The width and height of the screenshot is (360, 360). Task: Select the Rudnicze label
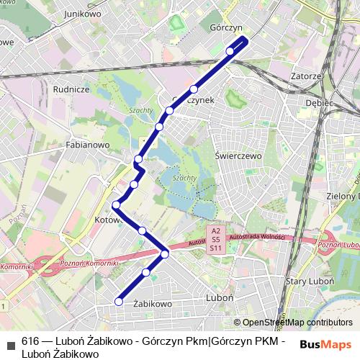(x=71, y=89)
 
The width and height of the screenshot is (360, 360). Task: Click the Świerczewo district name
(x=237, y=153)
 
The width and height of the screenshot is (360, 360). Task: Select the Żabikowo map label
(x=153, y=304)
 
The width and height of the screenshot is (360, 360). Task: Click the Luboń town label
(x=217, y=297)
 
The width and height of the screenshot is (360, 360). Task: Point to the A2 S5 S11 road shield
(x=215, y=239)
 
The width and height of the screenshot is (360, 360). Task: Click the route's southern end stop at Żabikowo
(x=119, y=302)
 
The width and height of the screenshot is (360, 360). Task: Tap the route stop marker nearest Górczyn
(x=230, y=50)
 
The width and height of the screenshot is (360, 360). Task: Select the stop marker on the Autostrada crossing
(x=165, y=253)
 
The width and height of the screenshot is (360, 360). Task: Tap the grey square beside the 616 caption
(x=9, y=342)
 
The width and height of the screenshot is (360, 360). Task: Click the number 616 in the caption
(x=30, y=341)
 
